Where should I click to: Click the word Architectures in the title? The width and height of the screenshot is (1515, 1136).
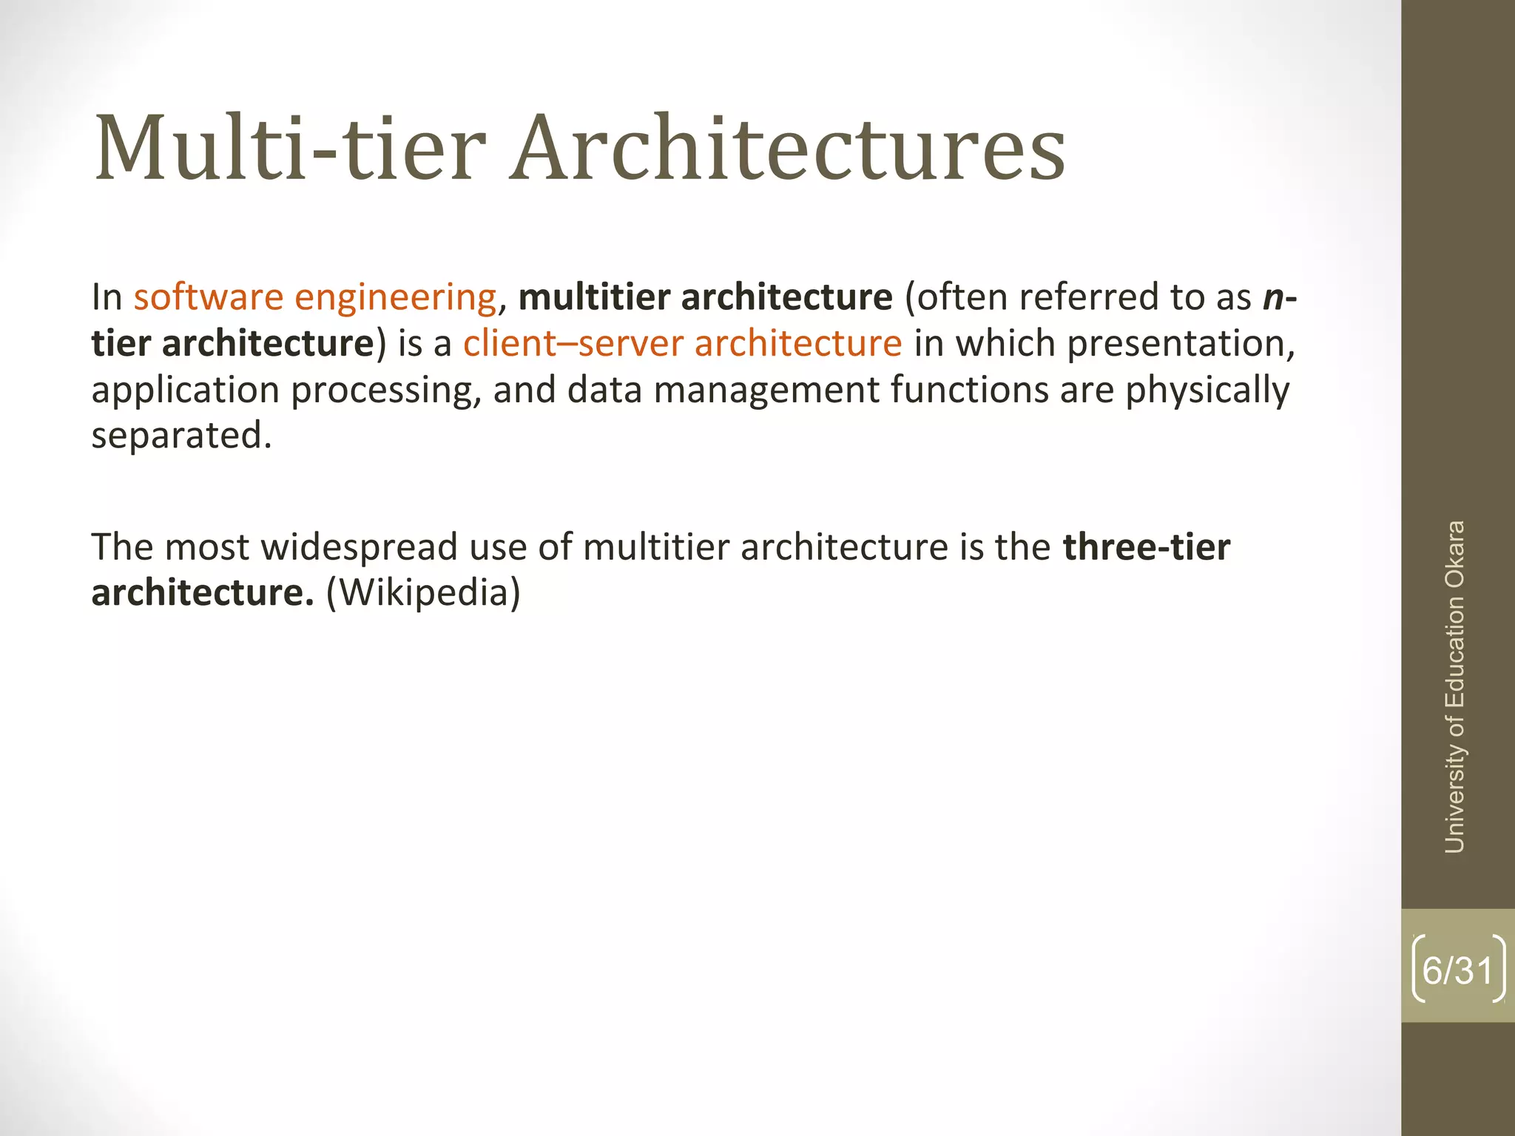click(787, 148)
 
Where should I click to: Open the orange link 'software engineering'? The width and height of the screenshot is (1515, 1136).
click(315, 297)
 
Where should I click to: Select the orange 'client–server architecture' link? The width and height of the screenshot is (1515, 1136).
click(682, 344)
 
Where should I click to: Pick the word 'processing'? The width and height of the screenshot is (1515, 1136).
click(385, 390)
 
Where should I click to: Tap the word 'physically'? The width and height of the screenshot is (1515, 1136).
click(1207, 390)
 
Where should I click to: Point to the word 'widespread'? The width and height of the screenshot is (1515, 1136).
click(360, 547)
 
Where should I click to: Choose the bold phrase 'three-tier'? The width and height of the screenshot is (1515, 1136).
click(1147, 547)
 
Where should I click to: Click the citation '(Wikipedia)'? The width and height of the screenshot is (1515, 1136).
click(423, 593)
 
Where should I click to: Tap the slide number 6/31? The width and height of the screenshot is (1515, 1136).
click(1457, 970)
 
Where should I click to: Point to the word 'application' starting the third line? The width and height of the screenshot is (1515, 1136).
click(185, 390)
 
